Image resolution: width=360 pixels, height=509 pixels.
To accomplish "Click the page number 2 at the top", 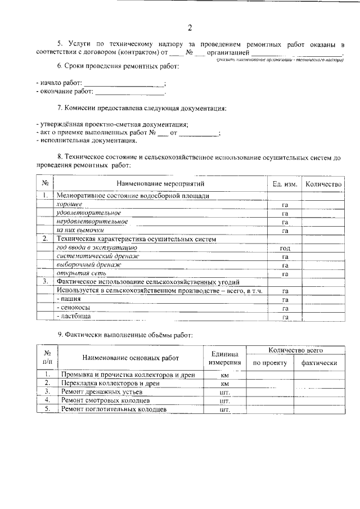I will tap(190, 28).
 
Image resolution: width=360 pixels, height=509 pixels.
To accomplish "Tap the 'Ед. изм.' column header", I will tap(285, 184).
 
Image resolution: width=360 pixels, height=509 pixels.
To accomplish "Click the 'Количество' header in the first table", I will tap(323, 184).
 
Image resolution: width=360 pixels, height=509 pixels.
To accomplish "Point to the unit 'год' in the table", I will tap(285, 248).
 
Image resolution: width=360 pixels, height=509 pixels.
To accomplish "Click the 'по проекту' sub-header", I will tap(270, 363).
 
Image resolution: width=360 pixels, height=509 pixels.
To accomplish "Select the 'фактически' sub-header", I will tap(319, 363).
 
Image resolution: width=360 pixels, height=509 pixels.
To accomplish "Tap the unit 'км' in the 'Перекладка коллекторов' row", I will tap(225, 383).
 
